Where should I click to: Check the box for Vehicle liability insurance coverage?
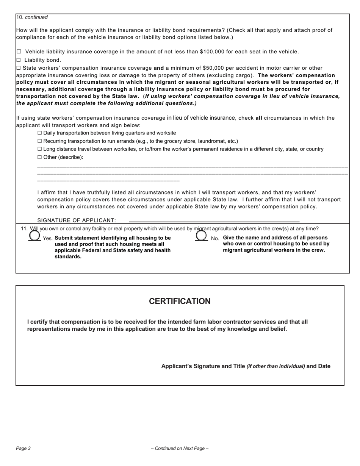19,52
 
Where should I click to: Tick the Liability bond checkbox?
19,60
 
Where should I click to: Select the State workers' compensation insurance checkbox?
19,68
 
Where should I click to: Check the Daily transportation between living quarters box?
40,133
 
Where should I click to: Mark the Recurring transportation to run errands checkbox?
40,141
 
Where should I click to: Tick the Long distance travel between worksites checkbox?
40,149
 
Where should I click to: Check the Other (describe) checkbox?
40,157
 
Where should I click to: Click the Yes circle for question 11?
34,236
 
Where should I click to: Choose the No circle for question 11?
201,236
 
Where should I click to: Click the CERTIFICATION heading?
180,301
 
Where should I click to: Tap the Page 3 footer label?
23,449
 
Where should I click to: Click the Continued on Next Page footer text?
180,449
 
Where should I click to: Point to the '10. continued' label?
32,17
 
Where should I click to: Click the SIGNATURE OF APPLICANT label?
77,220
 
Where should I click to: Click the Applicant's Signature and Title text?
203,366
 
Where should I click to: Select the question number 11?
24,229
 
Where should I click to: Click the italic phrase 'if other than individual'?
276,367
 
